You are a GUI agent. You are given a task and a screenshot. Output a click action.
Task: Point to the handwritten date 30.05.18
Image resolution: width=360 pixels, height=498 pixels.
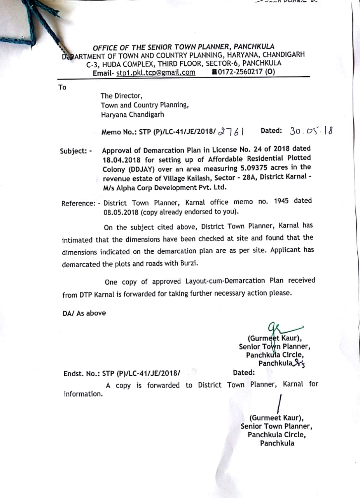click(311, 131)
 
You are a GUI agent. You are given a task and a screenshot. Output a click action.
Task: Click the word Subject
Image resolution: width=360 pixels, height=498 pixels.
click(73, 151)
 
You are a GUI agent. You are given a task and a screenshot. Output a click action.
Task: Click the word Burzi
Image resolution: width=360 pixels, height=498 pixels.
click(187, 264)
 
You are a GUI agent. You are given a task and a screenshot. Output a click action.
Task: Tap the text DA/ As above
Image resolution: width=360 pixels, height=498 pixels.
click(84, 313)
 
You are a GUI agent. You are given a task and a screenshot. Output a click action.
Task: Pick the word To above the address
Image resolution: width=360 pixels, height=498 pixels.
click(62, 88)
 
